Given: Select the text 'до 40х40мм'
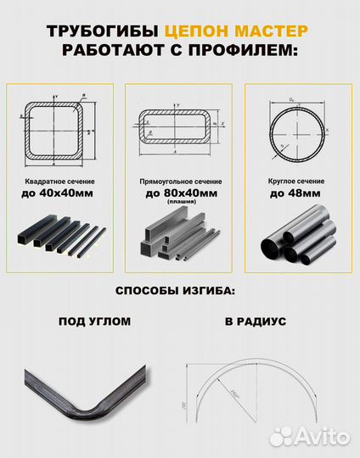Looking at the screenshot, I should pos(60,193).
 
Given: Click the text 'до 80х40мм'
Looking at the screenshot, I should pos(181,193).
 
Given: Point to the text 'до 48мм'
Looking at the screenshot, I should pos(296,193).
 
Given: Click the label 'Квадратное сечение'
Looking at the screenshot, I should pos(60,182).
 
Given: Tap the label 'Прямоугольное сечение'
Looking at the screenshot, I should pos(181,182).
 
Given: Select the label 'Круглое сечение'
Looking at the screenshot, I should pos(296,182).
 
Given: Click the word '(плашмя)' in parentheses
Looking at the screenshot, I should pos(181,203).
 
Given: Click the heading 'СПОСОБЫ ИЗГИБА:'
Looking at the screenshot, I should pos(179,292).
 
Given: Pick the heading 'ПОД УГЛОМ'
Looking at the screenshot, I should pos(95,322).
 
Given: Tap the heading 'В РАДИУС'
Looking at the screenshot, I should pos(256,322).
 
